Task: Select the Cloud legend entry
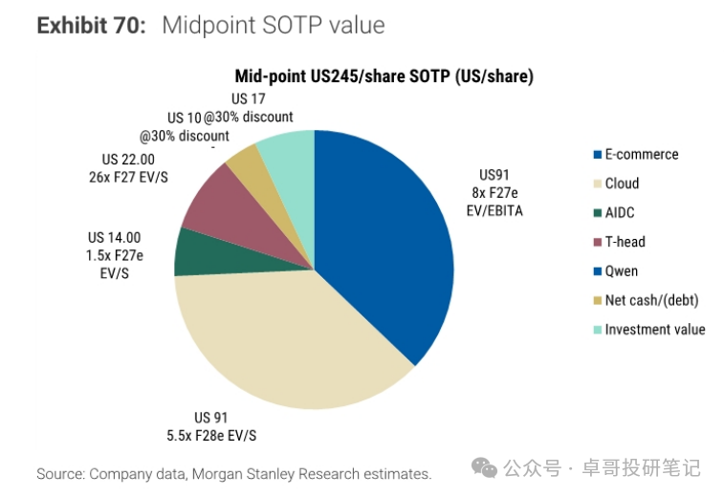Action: coord(622,184)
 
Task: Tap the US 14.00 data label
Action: coord(114,238)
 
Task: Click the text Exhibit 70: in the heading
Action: coord(92,26)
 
